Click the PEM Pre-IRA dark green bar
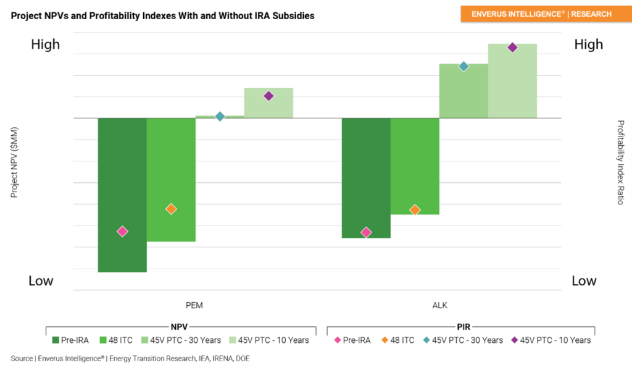[x=122, y=185]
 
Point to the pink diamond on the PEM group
[x=122, y=231]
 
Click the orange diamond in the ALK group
[x=415, y=210]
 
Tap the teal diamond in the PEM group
[x=220, y=116]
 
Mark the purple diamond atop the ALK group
[x=512, y=48]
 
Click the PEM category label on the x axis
[x=195, y=305]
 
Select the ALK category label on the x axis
[x=439, y=305]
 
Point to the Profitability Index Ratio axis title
[x=620, y=162]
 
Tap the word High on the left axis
[x=45, y=44]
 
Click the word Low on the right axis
[x=584, y=281]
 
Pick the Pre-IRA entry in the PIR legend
[x=353, y=340]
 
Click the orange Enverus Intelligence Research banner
[x=541, y=14]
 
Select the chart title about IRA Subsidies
[x=162, y=15]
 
